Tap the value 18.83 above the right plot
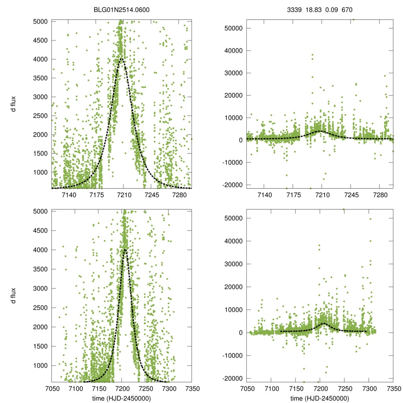point(313,8)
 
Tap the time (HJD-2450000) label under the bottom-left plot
point(121,398)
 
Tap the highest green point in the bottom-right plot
point(344,209)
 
